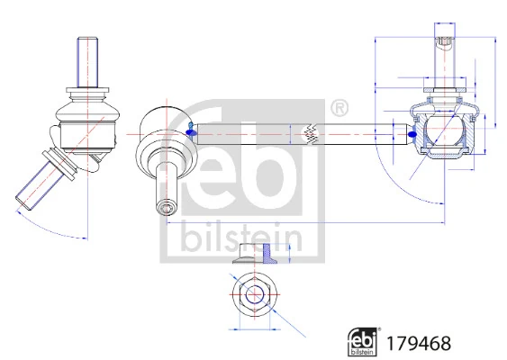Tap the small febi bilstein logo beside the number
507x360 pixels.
point(364,341)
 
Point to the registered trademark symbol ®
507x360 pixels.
point(340,109)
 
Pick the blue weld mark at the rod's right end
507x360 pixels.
point(412,135)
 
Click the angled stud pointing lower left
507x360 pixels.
point(40,180)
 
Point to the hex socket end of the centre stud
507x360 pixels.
point(167,207)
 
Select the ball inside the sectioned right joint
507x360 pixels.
point(441,134)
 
